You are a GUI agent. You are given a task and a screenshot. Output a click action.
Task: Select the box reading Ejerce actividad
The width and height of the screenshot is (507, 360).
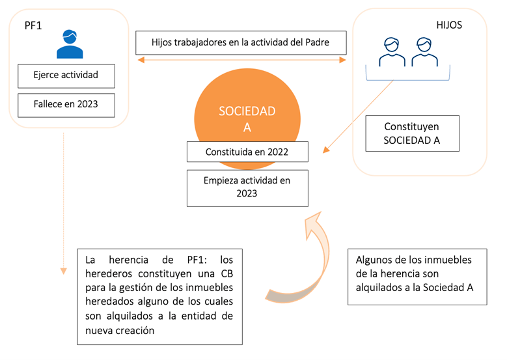point(66,76)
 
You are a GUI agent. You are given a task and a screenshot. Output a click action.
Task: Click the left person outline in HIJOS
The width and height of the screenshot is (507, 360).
point(391,52)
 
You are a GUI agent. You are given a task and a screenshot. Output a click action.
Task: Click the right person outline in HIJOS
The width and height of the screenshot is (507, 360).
point(424,52)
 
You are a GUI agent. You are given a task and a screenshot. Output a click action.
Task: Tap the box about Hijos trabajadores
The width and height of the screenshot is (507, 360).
point(240,43)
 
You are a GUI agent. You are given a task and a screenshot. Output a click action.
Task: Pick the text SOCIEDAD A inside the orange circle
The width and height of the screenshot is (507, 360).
point(247,118)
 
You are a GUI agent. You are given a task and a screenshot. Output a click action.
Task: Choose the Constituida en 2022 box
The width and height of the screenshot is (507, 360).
point(247,152)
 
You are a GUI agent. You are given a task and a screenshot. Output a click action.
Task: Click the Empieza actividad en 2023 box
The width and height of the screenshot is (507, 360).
point(247,187)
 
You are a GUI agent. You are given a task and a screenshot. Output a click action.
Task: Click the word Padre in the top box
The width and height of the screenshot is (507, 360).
point(315,43)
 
